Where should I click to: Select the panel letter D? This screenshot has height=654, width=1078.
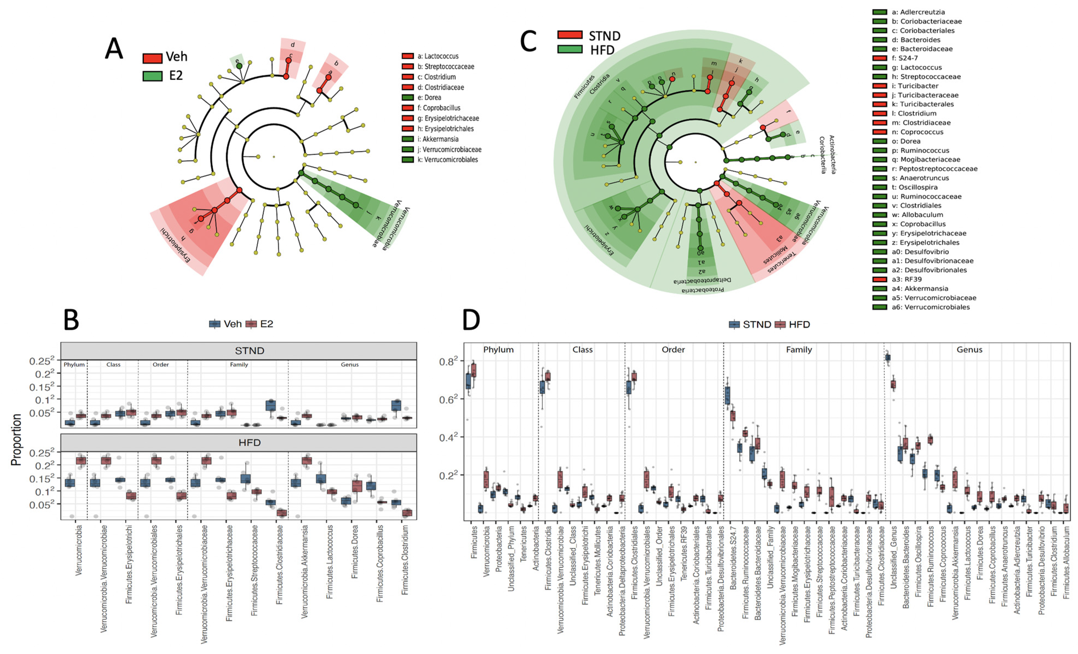tap(471, 320)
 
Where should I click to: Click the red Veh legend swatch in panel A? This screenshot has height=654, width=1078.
tap(152, 58)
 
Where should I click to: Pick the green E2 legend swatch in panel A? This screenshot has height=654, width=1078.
tap(152, 76)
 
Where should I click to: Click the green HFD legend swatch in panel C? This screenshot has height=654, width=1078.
tap(570, 49)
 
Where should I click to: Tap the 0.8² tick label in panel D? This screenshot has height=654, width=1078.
tap(448, 361)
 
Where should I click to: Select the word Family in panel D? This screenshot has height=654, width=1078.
tap(799, 349)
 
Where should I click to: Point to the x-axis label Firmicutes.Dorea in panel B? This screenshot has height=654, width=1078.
tap(355, 551)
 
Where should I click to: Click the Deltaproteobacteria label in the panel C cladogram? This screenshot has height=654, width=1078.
tap(702, 280)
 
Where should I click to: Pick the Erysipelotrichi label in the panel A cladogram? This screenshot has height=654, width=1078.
tap(175, 245)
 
